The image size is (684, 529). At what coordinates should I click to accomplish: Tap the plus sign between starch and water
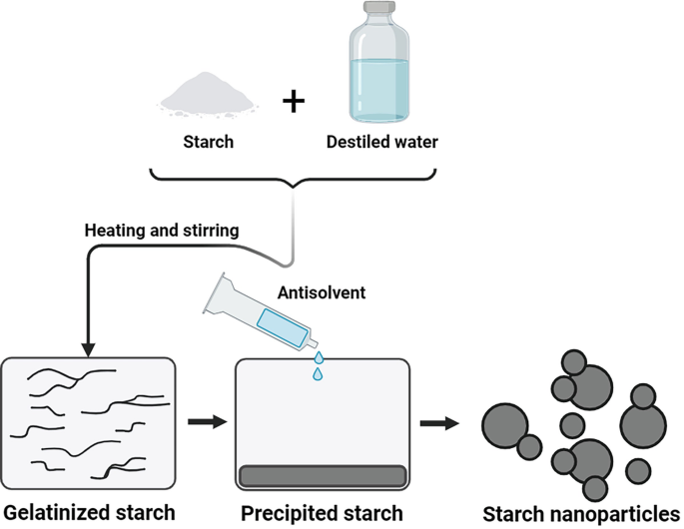tap(292, 102)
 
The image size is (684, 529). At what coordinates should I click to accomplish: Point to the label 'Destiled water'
tap(381, 142)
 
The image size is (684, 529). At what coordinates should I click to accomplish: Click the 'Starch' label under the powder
tap(209, 142)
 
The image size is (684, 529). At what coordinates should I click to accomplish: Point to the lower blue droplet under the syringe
tap(317, 374)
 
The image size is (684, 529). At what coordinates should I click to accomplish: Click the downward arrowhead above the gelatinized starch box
tap(87, 348)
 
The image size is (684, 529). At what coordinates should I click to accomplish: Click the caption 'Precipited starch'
tap(323, 512)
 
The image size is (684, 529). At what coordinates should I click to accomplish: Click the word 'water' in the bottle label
tap(413, 142)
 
